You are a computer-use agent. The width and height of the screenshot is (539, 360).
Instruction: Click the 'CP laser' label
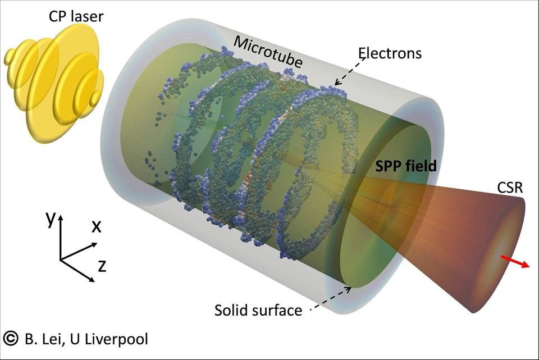pyautogui.click(x=76, y=16)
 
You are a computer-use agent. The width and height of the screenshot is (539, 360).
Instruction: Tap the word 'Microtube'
pyautogui.click(x=268, y=52)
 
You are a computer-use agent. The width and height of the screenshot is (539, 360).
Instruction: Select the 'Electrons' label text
pyautogui.click(x=390, y=53)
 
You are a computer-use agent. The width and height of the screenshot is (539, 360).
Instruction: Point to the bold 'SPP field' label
pyautogui.click(x=405, y=166)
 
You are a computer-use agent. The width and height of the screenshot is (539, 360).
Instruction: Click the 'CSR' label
pyautogui.click(x=510, y=188)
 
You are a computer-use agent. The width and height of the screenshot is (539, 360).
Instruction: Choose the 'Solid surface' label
pyautogui.click(x=258, y=310)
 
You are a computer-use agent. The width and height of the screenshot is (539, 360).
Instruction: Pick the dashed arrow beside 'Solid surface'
pyautogui.click(x=331, y=298)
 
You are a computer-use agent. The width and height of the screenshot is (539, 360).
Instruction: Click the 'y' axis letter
pyautogui.click(x=51, y=218)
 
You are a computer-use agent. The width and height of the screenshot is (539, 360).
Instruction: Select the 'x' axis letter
pyautogui.click(x=97, y=226)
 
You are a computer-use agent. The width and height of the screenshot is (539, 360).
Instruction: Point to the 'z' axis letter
pyautogui.click(x=102, y=266)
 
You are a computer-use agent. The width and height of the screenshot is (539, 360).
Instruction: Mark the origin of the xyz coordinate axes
pyautogui.click(x=60, y=259)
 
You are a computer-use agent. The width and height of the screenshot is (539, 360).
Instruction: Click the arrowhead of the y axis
pyautogui.click(x=61, y=217)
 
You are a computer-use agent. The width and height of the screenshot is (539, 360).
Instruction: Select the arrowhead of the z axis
pyautogui.click(x=92, y=280)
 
